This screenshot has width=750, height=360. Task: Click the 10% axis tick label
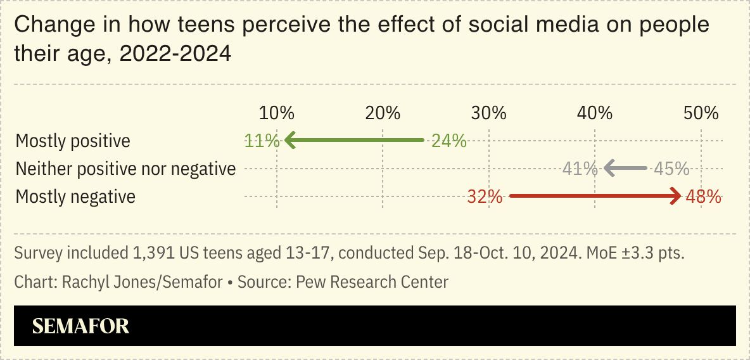pyautogui.click(x=277, y=113)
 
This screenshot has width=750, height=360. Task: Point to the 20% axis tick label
pyautogui.click(x=383, y=113)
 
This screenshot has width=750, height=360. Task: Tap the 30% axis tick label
pyautogui.click(x=488, y=113)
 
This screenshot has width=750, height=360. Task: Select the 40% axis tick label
pyautogui.click(x=595, y=113)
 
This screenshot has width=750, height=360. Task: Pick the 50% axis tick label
pyautogui.click(x=701, y=113)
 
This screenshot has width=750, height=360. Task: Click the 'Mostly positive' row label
pyautogui.click(x=73, y=141)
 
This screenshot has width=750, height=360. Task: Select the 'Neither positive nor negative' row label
pyautogui.click(x=125, y=169)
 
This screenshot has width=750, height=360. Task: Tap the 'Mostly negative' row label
pyautogui.click(x=75, y=196)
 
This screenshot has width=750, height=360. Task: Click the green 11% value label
pyautogui.click(x=262, y=141)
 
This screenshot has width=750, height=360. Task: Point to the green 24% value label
pyautogui.click(x=448, y=141)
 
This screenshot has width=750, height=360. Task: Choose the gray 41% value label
pyautogui.click(x=580, y=169)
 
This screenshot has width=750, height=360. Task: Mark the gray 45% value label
pyautogui.click(x=671, y=169)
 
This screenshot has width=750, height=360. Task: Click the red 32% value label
pyautogui.click(x=485, y=196)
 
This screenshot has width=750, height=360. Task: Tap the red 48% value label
pyautogui.click(x=703, y=196)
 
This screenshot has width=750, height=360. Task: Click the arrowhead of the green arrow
pyautogui.click(x=289, y=140)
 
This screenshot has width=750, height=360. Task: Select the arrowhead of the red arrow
pyautogui.click(x=676, y=196)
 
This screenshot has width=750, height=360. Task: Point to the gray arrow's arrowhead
pyautogui.click(x=609, y=169)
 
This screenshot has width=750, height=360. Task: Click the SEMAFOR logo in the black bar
pyautogui.click(x=80, y=326)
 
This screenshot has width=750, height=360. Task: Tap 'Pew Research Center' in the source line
pyautogui.click(x=372, y=281)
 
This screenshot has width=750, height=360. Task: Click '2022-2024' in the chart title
pyautogui.click(x=175, y=54)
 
